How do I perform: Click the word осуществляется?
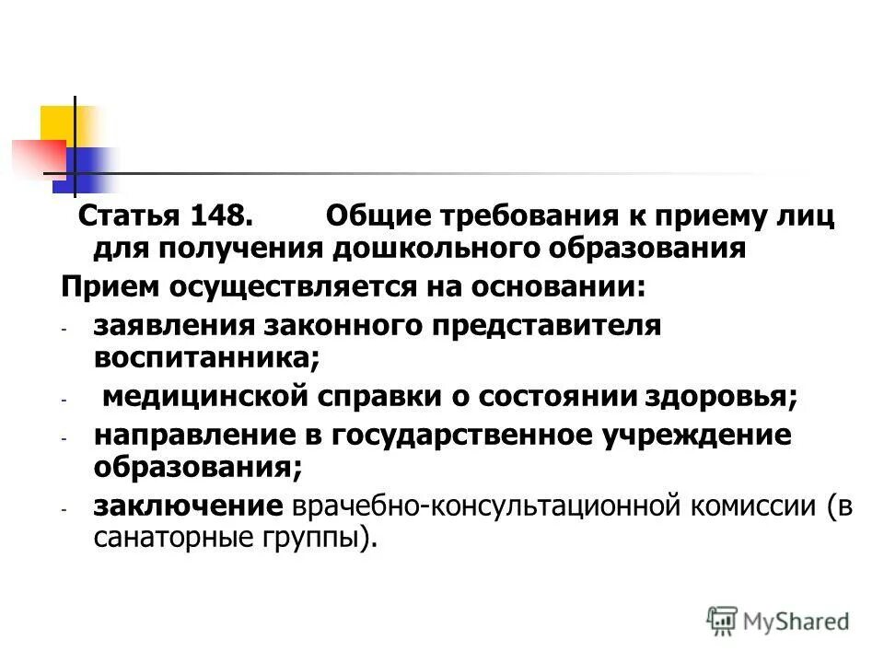(294, 286)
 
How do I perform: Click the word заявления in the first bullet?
(172, 326)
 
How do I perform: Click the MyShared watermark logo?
(778, 620)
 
